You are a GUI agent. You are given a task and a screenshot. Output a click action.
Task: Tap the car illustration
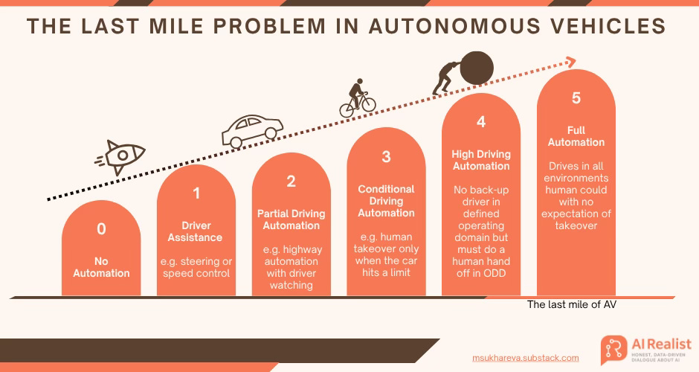click(x=252, y=131)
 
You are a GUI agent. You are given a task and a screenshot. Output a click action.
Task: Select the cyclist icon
click(x=358, y=99)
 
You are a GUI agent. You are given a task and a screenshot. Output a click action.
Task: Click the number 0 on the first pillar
click(x=101, y=229)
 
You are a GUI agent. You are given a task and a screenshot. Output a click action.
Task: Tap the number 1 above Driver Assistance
click(x=196, y=193)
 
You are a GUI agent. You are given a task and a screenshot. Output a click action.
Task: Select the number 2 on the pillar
click(x=291, y=181)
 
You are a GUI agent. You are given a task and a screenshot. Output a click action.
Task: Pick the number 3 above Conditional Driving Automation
click(x=386, y=156)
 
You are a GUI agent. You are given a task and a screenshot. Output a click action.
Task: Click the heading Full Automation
click(x=576, y=136)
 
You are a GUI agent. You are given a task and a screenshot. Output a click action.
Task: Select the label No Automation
click(x=101, y=267)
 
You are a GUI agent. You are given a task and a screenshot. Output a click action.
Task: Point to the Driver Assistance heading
click(x=196, y=231)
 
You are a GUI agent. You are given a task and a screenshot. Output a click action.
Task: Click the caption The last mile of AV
click(x=572, y=304)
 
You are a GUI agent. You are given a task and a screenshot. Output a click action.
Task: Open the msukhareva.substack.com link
click(x=525, y=358)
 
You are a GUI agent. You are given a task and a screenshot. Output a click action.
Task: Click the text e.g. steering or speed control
click(x=196, y=267)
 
